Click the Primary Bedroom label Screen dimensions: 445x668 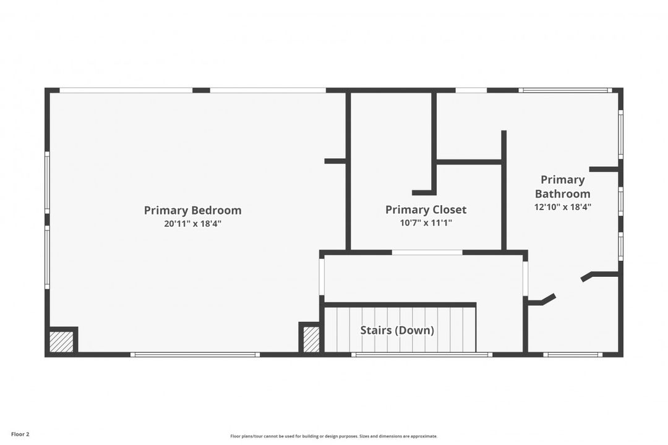coord(192,210)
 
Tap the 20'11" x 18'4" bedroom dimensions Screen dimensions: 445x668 coord(192,224)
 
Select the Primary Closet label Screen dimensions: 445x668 coord(426,210)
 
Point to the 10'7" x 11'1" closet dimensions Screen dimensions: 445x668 coord(426,222)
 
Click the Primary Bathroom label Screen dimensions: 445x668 coord(562,187)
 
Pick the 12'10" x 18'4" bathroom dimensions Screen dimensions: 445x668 coord(562,208)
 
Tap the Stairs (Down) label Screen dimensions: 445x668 coord(397,331)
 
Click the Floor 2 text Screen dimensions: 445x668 coord(20,434)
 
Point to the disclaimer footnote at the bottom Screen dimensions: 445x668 coord(333,436)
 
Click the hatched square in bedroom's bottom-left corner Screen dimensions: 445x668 coord(61,342)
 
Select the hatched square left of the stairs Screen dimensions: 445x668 coord(311,339)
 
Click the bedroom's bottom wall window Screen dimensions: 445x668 coord(194,355)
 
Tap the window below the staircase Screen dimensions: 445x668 coord(422,355)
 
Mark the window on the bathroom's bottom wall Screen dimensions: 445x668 coord(572,355)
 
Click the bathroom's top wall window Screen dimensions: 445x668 coord(565,90)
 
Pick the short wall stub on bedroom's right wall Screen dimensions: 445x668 coord(335,161)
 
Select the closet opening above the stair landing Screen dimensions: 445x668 coord(427,252)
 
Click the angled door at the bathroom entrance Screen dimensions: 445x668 coord(542,300)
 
